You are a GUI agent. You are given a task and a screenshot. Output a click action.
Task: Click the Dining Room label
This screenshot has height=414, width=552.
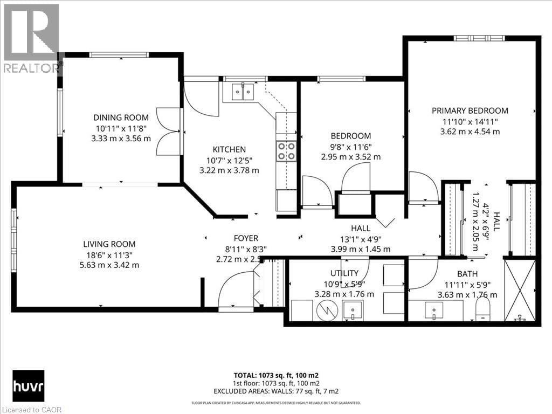click(x=121, y=118)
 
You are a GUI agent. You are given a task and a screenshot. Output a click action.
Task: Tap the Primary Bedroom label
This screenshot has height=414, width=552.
click(x=470, y=111)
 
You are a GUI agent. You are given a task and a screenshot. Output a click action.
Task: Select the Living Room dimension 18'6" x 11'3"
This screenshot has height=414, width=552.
click(x=109, y=254)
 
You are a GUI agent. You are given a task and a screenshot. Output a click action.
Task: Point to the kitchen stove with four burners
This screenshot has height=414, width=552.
click(x=286, y=151)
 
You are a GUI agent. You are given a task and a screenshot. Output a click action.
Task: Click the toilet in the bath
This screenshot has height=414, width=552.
click(x=483, y=310)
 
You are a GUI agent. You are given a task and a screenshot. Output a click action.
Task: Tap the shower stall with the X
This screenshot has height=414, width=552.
click(x=520, y=291)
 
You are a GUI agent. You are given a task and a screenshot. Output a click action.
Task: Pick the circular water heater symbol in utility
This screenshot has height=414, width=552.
click(x=326, y=310)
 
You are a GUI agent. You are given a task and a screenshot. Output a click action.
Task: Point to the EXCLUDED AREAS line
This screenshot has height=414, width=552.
click(x=275, y=391)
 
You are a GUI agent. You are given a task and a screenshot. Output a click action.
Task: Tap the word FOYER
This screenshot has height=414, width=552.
click(x=246, y=238)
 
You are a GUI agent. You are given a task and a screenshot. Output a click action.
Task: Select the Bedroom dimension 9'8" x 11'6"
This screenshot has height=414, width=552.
click(x=351, y=147)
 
